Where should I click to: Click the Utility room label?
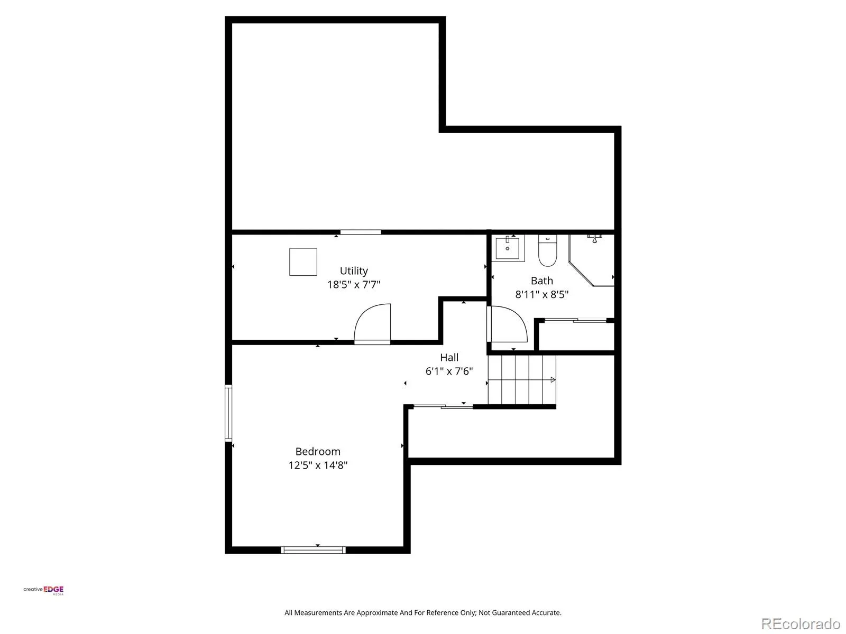click(353, 271)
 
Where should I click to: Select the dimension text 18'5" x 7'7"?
click(353, 284)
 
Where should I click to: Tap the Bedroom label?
click(318, 451)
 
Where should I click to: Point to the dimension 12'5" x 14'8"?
click(318, 465)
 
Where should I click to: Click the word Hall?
click(449, 357)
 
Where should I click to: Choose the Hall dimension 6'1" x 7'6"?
click(449, 371)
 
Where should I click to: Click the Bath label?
click(541, 281)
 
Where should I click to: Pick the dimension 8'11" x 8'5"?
click(541, 294)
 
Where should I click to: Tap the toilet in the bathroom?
click(547, 250)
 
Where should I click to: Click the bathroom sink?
click(508, 248)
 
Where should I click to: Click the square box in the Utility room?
click(303, 262)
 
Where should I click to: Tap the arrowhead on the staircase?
click(553, 380)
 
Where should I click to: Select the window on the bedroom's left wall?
click(228, 413)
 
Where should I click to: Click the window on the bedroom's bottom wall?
click(313, 550)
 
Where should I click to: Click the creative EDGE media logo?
click(43, 590)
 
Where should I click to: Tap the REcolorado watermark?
click(801, 623)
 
